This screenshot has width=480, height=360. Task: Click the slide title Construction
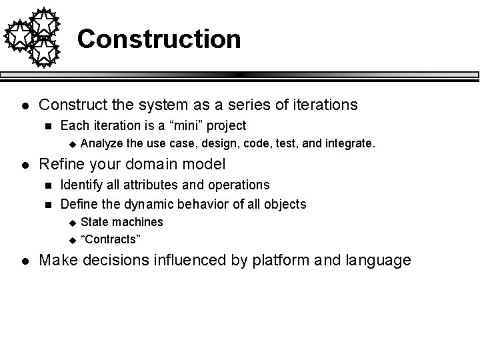[159, 39]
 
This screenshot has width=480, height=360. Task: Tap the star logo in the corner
[32, 37]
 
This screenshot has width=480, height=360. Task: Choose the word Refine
[61, 164]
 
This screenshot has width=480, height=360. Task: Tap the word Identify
[79, 185]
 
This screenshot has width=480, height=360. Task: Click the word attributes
[144, 185]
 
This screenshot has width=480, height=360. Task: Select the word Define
[77, 203]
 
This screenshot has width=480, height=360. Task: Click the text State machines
[121, 222]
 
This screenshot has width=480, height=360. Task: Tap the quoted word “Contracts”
[111, 239]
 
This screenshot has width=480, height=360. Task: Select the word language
[377, 260]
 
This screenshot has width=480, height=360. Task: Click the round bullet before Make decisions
[24, 260]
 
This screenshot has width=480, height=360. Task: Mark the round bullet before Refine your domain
[24, 164]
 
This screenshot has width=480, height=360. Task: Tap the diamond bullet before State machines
[73, 222]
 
